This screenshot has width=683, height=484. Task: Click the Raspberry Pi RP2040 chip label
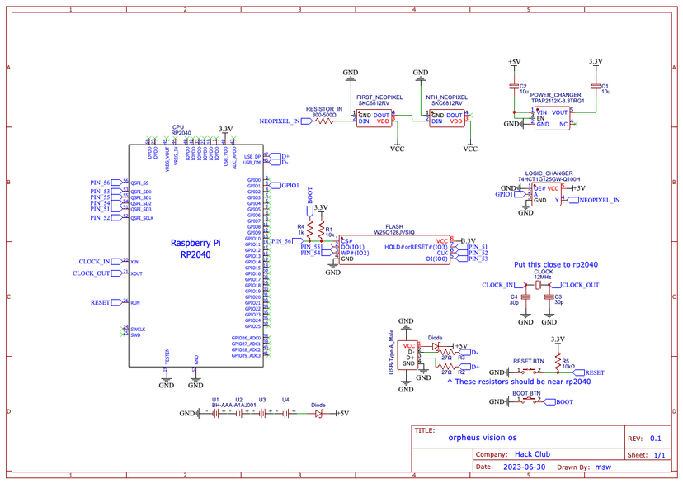[x=195, y=249]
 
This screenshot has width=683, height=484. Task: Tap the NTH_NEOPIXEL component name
[x=446, y=97]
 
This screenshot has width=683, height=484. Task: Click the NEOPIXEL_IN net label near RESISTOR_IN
[x=279, y=121]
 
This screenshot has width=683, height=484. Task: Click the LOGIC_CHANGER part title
[x=549, y=173]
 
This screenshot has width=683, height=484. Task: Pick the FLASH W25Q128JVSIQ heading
[x=395, y=228]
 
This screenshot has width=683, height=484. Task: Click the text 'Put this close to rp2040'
[x=555, y=264]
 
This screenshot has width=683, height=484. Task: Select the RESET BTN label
[x=528, y=361]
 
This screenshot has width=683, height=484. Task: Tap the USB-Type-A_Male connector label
[x=393, y=354]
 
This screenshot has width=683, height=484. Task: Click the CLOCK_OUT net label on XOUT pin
[x=91, y=273]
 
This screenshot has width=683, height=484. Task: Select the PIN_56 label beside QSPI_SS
[x=100, y=183]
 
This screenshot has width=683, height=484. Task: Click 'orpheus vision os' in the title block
[x=483, y=439]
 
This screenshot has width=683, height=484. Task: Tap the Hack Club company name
[x=532, y=453]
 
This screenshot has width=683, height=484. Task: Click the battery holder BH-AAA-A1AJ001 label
[x=233, y=405]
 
